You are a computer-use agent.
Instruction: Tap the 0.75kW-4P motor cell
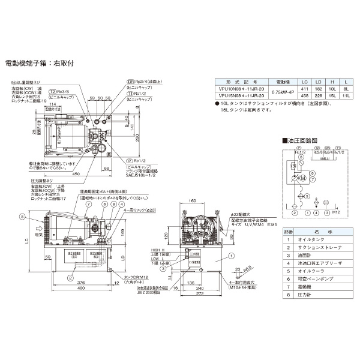[x=282, y=91]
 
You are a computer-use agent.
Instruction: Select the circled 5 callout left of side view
[x=22, y=216]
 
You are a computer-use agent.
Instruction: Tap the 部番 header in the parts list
[x=289, y=230]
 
